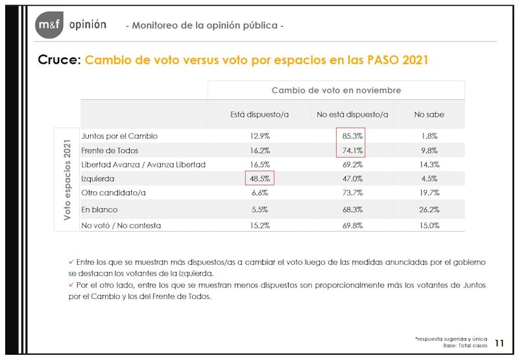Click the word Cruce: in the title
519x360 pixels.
[59, 60]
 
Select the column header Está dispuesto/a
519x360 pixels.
[259, 114]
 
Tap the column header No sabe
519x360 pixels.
[429, 114]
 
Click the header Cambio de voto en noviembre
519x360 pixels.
[336, 90]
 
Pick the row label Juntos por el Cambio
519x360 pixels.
[119, 136]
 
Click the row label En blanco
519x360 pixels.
[101, 210]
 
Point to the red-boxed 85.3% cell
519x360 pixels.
[350, 136]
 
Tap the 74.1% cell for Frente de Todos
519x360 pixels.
[350, 150]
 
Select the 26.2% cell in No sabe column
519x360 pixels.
[429, 210]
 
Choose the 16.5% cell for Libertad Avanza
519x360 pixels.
[259, 165]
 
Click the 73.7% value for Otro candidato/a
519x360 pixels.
[350, 193]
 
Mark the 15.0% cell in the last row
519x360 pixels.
[429, 226]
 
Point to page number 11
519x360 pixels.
[500, 342]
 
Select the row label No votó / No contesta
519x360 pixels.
[121, 226]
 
